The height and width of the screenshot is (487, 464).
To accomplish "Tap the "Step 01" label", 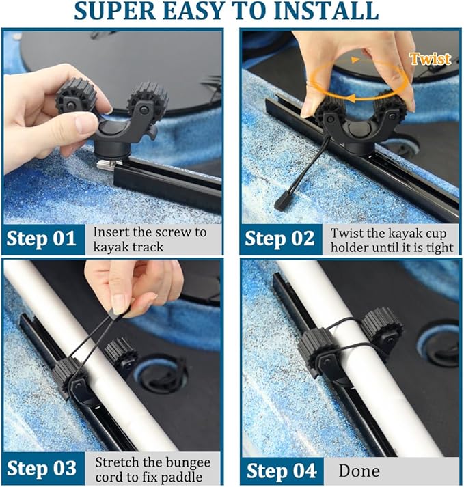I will tap(42, 239).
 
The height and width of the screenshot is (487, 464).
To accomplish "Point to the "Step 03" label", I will tap(42, 470).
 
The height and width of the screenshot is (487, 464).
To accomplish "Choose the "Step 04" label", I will tap(282, 471).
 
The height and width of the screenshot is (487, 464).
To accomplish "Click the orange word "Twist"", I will tap(430, 59).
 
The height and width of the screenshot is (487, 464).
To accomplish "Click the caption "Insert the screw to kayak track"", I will tap(149, 239).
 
